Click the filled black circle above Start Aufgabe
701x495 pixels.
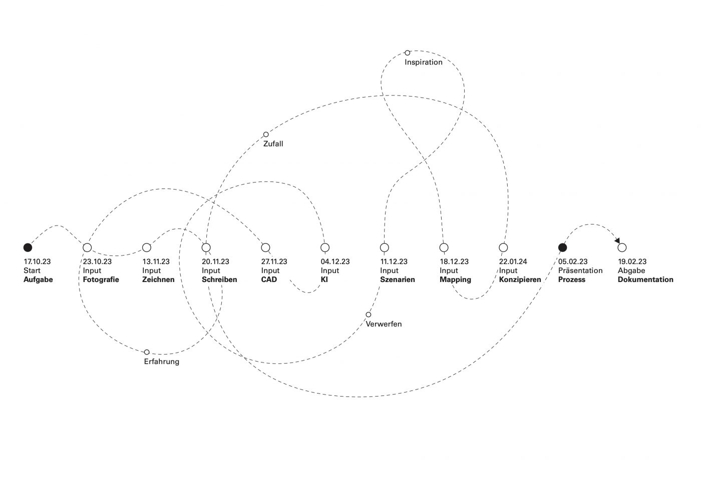[x=28, y=247]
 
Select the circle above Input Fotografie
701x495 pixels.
[x=87, y=247]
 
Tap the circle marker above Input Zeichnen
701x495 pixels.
[x=147, y=247]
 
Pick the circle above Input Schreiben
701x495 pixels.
[x=206, y=247]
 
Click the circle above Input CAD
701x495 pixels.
[x=265, y=247]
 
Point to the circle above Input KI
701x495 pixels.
[x=325, y=247]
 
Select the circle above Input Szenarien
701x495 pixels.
[x=384, y=247]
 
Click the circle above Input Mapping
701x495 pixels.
[x=444, y=247]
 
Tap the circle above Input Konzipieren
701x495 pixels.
[x=503, y=247]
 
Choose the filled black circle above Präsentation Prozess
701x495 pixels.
[x=562, y=247]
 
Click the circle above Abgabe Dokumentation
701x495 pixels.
[x=622, y=247]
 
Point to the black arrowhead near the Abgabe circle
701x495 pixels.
[x=617, y=240]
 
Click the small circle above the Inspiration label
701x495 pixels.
[x=407, y=52]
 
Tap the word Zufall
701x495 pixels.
[x=273, y=144]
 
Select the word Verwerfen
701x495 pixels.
[x=384, y=324]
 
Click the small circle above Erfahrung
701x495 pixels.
[x=147, y=352]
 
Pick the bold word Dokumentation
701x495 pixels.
[x=645, y=279]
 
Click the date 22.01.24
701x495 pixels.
[x=513, y=261]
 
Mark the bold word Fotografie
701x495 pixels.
[x=101, y=279]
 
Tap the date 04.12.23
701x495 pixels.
[x=335, y=261]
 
